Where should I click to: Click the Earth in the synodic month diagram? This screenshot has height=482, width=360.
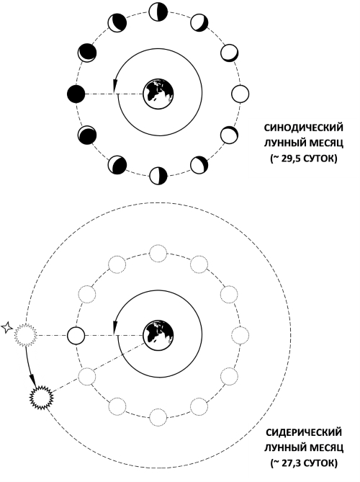tap(158, 94)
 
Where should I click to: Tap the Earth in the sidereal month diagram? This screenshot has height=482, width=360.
tap(158, 335)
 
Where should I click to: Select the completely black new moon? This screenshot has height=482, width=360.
tap(76, 94)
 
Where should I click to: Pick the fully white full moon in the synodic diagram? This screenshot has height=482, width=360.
tap(240, 94)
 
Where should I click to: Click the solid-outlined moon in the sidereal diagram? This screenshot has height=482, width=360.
tap(76, 335)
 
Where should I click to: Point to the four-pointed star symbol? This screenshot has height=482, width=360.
tap(6, 328)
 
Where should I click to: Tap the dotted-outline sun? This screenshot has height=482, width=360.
tap(26, 335)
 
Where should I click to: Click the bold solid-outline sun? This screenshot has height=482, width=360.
tap(42, 398)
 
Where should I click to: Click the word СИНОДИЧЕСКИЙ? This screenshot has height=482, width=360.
tap(304, 128)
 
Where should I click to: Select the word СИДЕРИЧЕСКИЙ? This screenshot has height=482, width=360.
tap(304, 432)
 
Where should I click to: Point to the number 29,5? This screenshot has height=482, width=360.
tap(289, 159)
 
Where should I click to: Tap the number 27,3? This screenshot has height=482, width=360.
tap(289, 463)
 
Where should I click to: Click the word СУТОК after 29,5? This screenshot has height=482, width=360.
tap(318, 159)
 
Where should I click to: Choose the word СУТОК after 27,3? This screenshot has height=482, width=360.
tap(318, 463)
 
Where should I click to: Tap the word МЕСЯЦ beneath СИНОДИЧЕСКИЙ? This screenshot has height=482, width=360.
tap(325, 143)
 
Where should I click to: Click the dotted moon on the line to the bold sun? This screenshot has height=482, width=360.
tap(86, 376)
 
